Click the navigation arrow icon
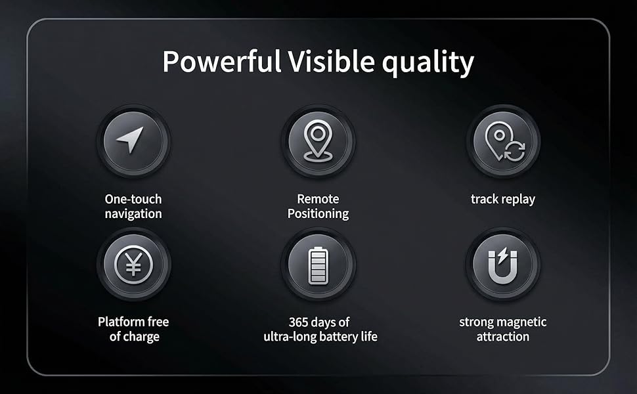coord(133,141)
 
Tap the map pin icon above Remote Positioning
coord(318,141)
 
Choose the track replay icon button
coord(504,141)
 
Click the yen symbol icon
coord(133,264)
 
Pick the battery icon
coord(318,265)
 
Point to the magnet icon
coord(504,265)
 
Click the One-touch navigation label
coord(133,206)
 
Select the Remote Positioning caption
coord(318,206)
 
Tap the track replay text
coord(503,199)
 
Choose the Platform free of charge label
coord(133,329)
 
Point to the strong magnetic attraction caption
coord(503,329)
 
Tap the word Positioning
coord(318,213)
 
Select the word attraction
coord(503,336)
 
